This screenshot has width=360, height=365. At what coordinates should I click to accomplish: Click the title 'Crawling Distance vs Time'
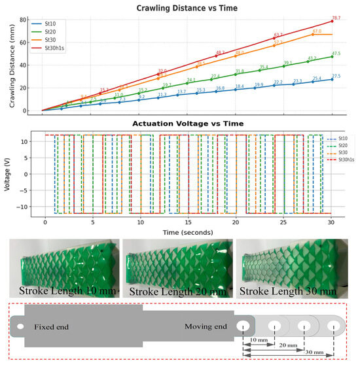tap(187, 9)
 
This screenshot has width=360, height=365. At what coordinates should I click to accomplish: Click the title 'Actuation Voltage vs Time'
tap(187, 124)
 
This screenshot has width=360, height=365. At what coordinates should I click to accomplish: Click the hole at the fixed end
tap(20, 326)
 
